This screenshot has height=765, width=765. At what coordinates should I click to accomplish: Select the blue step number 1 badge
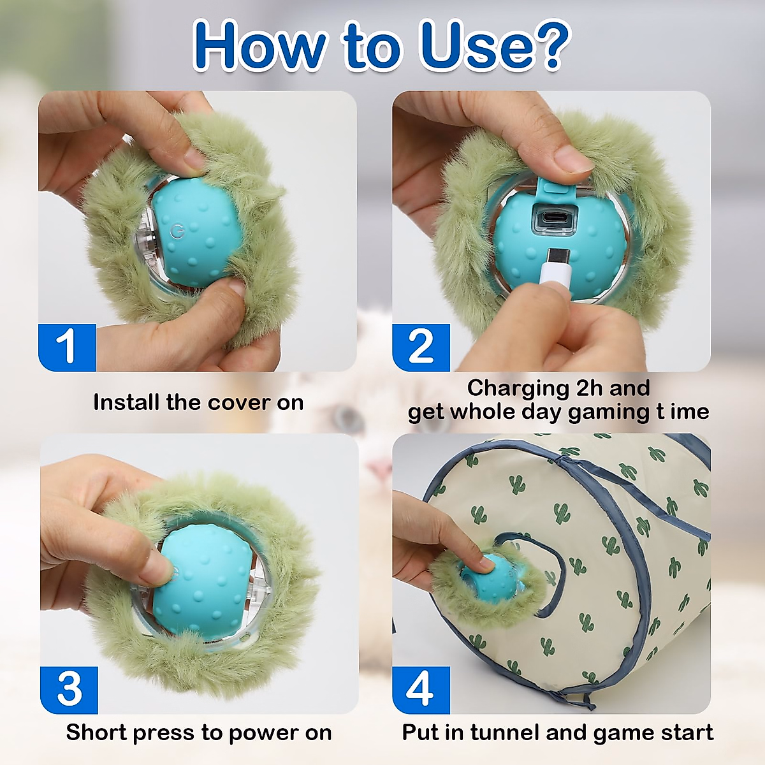click(x=67, y=347)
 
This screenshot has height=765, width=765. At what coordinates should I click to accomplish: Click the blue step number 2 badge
click(x=421, y=347)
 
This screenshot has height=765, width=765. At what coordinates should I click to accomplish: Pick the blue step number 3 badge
click(x=69, y=690)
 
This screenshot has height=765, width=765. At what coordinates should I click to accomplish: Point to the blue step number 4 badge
click(x=421, y=690)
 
